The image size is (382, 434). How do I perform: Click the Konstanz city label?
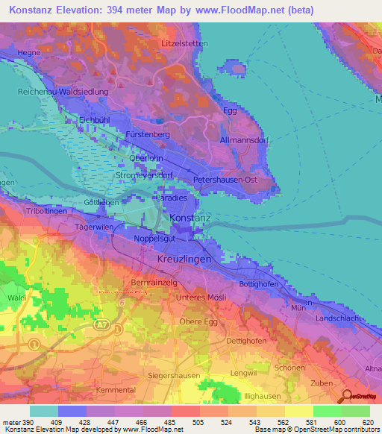[x=191, y=217]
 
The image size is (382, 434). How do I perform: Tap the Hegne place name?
[x=29, y=53]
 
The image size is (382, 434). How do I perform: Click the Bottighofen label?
[x=259, y=284]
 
